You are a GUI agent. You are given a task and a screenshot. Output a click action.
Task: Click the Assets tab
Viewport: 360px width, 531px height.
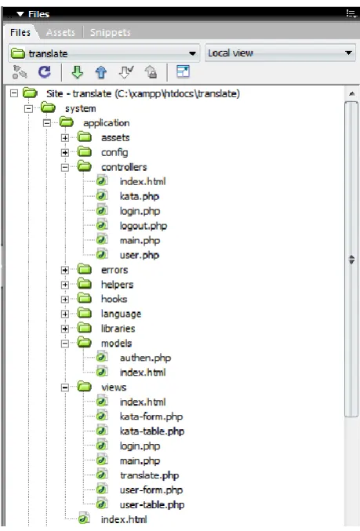[60, 32]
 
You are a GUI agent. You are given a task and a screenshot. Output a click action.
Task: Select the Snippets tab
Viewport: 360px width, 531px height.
[110, 32]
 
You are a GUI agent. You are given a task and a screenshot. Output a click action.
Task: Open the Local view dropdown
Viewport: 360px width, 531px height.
[280, 53]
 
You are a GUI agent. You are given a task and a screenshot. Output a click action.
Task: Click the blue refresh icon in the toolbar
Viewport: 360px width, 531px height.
[45, 72]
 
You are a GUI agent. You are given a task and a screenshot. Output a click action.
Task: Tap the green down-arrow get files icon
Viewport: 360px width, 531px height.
[78, 72]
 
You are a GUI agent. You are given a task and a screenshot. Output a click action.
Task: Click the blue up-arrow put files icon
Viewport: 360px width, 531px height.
[101, 72]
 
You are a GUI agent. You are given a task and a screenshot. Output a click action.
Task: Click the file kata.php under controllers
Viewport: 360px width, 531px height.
[139, 196]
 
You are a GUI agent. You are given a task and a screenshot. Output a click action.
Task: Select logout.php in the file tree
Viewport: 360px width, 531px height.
[144, 226]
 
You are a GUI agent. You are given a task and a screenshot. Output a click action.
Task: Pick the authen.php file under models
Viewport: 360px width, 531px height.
[145, 358]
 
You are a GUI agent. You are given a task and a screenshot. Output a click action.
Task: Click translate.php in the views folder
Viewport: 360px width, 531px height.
[149, 475]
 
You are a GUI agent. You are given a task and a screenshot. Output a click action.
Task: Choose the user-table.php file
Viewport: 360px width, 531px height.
[151, 505]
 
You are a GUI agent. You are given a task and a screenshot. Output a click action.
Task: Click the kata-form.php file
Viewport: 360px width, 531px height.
[151, 416]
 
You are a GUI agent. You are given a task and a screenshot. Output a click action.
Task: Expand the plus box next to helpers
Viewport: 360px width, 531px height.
[65, 285]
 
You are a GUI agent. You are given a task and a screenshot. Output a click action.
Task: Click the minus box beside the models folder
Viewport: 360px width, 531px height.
[65, 344]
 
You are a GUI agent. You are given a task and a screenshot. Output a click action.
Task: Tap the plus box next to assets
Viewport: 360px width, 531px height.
[65, 138]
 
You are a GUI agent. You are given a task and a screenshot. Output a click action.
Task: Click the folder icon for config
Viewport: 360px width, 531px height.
[85, 151]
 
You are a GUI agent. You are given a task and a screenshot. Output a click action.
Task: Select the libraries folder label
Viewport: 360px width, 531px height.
[118, 329]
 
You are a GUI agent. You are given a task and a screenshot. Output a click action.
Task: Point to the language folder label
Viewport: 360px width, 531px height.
[121, 314]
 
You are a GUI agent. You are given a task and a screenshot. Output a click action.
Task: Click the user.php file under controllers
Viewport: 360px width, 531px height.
[139, 256]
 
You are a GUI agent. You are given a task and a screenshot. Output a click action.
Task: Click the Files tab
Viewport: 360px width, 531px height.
[20, 32]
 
